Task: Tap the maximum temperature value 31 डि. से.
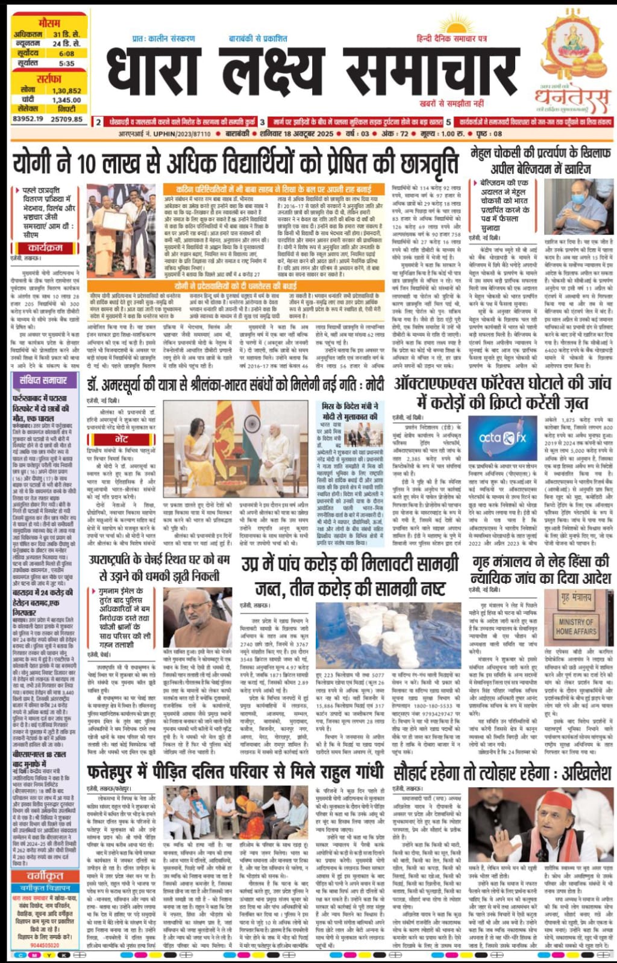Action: (x=66, y=34)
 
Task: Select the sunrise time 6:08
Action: (x=66, y=54)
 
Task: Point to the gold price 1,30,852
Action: (x=66, y=91)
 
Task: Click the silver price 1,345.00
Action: (x=66, y=101)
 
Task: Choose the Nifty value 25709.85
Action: (x=67, y=119)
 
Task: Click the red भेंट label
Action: (x=121, y=439)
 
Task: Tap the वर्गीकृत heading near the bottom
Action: (x=45, y=875)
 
